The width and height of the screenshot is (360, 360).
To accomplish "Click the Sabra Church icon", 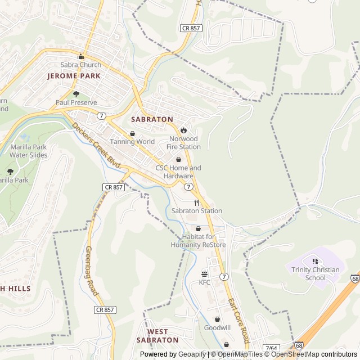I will (81, 56).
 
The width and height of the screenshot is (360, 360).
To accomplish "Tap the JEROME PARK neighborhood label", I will (74, 75).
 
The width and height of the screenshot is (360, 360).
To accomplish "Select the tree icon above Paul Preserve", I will (76, 94).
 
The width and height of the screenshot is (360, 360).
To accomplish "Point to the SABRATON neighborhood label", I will (152, 119).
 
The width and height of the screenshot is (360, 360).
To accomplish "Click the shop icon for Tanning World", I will (132, 133).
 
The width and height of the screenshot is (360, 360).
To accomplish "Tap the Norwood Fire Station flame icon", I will (183, 130).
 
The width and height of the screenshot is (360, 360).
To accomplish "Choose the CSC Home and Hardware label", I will (178, 172).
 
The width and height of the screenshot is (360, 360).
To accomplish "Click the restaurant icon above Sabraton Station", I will (197, 202).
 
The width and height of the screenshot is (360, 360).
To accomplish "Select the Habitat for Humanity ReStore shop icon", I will (198, 228).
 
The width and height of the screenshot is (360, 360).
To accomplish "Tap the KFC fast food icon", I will (204, 274).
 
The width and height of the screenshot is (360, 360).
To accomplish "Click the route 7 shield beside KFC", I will (224, 276).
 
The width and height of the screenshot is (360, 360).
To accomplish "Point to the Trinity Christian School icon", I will (315, 261).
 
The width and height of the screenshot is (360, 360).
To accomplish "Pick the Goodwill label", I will (217, 327).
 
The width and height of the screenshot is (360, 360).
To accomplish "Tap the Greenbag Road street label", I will (92, 271).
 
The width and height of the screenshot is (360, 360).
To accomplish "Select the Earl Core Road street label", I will (238, 321).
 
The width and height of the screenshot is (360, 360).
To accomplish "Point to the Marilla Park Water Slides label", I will (28, 150).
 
